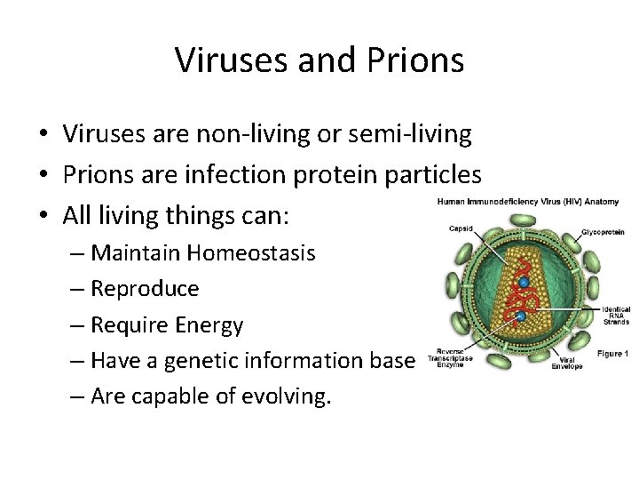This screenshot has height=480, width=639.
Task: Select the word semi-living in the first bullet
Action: (x=407, y=135)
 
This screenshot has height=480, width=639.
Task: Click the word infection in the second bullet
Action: (x=241, y=174)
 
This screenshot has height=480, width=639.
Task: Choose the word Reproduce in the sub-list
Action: (x=146, y=289)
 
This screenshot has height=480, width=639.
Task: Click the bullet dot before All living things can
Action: (x=43, y=214)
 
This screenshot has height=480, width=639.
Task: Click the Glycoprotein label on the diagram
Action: (x=604, y=231)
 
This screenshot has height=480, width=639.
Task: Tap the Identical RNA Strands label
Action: (x=615, y=316)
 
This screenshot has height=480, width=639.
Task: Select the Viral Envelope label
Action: (x=566, y=362)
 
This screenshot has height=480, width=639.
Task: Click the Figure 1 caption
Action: (x=612, y=354)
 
